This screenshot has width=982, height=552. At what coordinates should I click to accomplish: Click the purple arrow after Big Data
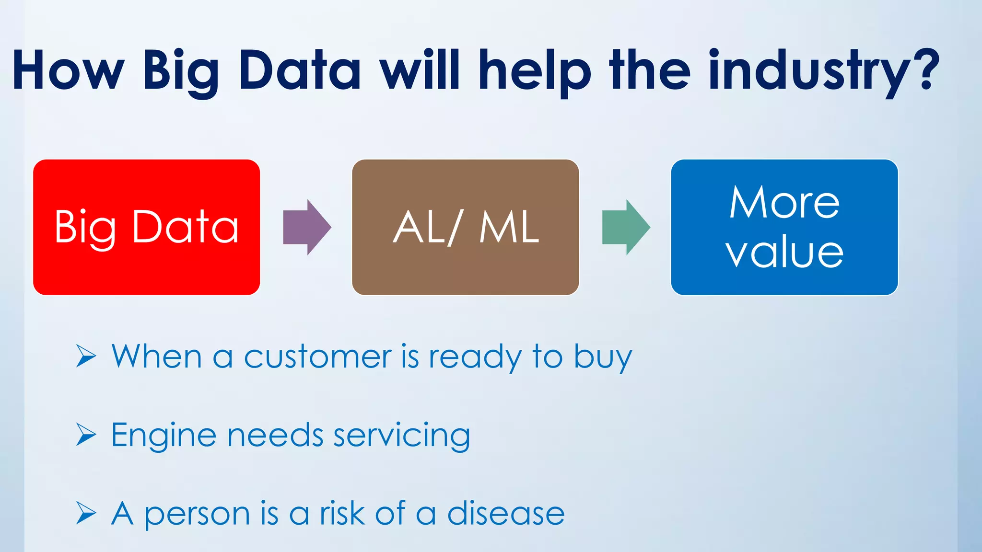pyautogui.click(x=306, y=227)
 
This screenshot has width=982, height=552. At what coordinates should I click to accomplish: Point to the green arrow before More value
pyautogui.click(x=625, y=227)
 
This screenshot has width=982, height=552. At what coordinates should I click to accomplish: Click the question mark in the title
pyautogui.click(x=928, y=69)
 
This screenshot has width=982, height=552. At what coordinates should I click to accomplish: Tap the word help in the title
pyautogui.click(x=535, y=72)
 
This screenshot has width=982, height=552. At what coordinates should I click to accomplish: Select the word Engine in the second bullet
pyautogui.click(x=164, y=436)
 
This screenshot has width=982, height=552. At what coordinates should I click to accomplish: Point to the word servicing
pyautogui.click(x=401, y=436)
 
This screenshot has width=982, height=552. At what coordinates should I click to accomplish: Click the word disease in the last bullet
pyautogui.click(x=506, y=514)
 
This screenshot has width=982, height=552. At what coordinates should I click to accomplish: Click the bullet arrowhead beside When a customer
pyautogui.click(x=86, y=356)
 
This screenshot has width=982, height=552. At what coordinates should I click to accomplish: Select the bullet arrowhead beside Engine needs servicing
pyautogui.click(x=86, y=435)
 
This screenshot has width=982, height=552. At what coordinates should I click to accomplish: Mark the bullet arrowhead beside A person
pyautogui.click(x=86, y=513)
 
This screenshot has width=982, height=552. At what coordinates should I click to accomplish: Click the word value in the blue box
pyautogui.click(x=784, y=253)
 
